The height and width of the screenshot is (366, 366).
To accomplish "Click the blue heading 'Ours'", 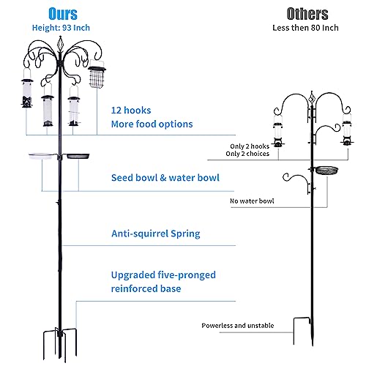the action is (63, 14).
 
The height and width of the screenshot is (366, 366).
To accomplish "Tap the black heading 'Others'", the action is (307, 14).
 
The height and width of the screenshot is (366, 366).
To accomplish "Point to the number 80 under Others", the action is (315, 28).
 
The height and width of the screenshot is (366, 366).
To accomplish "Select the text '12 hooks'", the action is (131, 111).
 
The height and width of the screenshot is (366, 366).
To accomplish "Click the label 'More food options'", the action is (152, 124).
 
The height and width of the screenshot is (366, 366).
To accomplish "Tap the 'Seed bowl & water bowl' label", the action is (165, 178).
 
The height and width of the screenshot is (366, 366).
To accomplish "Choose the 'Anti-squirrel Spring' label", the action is (156, 234).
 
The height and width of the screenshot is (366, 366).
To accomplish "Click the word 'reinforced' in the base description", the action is (134, 288).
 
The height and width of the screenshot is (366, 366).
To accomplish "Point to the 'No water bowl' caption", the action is (252, 201).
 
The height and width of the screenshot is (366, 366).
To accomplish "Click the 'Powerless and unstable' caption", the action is (238, 326).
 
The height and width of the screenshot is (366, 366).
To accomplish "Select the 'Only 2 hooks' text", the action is (250, 146).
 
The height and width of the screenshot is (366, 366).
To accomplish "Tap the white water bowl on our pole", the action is (41, 156).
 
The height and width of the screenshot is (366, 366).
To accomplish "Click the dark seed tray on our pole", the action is (78, 156).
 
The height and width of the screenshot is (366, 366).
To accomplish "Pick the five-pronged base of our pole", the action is (60, 344).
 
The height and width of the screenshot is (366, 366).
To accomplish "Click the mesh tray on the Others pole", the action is (326, 171).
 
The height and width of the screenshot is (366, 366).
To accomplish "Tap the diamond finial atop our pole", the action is (60, 44).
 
